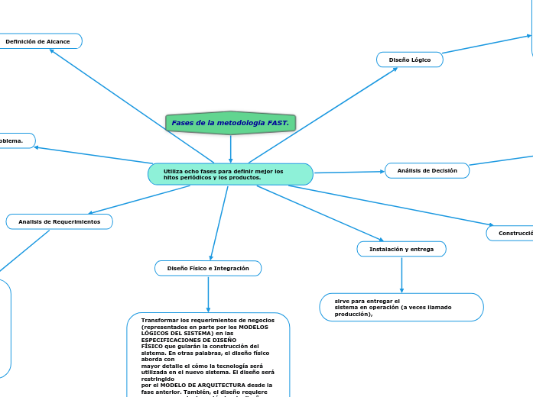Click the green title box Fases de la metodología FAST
click(230, 123)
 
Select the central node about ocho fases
click(230, 174)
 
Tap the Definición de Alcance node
click(39, 41)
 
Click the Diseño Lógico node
click(410, 60)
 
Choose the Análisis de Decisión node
click(427, 171)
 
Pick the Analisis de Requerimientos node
click(59, 221)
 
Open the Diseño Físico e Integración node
click(208, 268)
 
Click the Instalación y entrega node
click(401, 249)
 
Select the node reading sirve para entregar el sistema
click(401, 307)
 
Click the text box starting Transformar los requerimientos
click(208, 355)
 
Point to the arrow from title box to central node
click(230, 149)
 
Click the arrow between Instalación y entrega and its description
click(401, 275)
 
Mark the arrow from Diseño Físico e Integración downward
click(208, 294)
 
